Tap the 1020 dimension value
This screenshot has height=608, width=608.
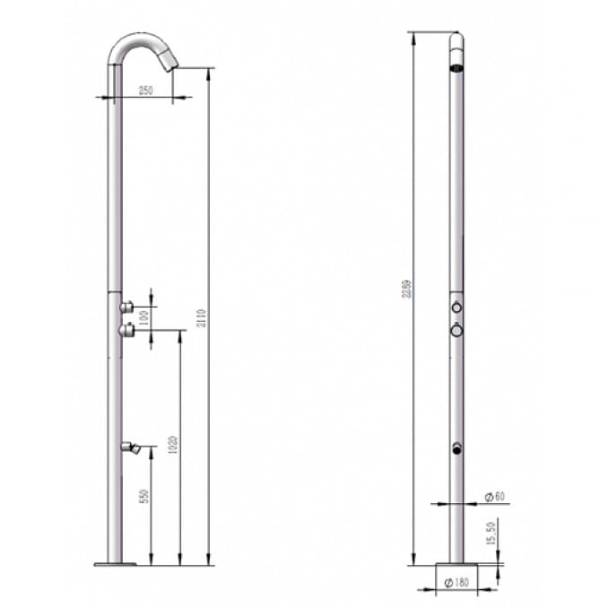(x=173, y=446)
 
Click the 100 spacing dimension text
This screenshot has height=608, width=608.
(x=143, y=317)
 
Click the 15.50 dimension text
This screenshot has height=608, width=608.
(x=491, y=536)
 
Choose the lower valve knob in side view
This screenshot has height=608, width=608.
(x=126, y=331)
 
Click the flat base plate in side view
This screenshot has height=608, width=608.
(x=114, y=564)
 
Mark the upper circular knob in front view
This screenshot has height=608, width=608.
(x=457, y=308)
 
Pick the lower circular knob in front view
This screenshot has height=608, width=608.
(x=457, y=331)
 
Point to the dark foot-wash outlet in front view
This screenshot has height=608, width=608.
(x=457, y=447)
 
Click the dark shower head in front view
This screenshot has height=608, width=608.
(x=457, y=64)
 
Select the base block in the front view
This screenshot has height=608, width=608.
(x=456, y=571)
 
